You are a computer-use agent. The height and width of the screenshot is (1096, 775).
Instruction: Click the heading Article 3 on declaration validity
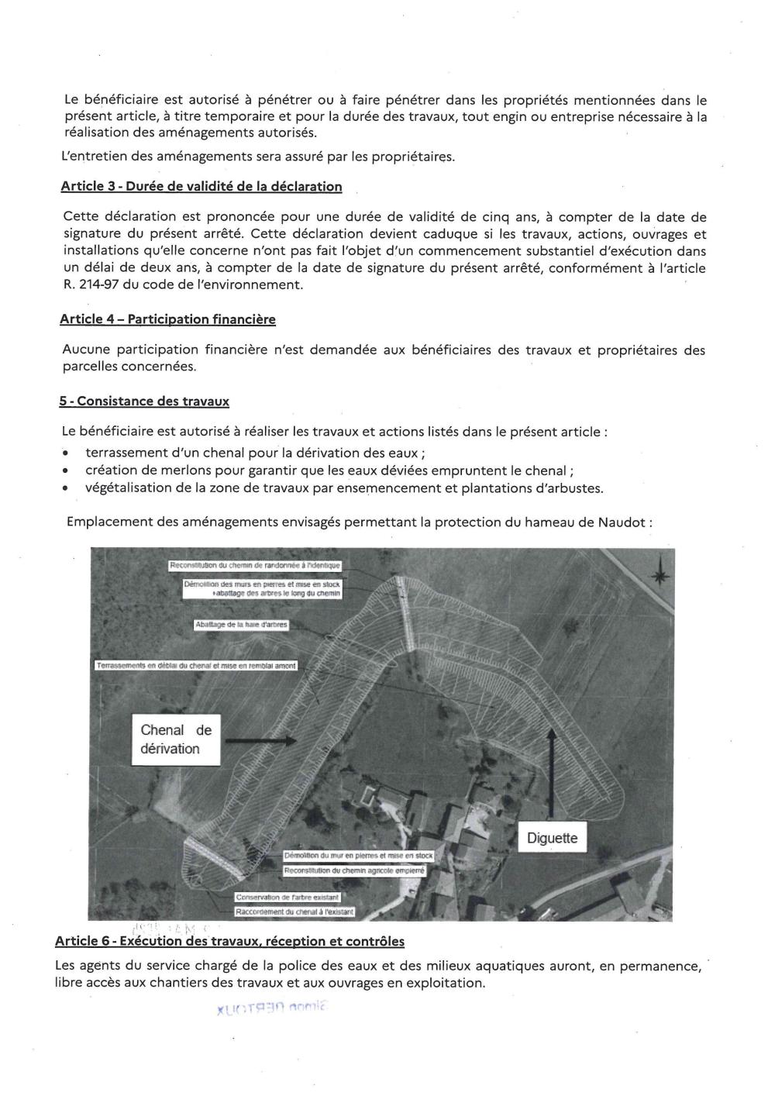[201, 187]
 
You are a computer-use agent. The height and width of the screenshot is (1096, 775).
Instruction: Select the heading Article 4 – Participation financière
[167, 319]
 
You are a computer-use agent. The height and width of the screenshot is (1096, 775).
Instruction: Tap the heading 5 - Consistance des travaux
[144, 401]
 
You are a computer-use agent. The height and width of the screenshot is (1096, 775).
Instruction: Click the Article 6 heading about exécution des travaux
[229, 942]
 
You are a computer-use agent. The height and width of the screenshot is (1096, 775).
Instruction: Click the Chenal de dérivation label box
[176, 739]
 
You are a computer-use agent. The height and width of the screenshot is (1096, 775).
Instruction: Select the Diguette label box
[552, 838]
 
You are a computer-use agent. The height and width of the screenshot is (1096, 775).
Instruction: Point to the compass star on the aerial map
[660, 575]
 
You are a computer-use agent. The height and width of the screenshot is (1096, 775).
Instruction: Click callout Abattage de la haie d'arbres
[241, 624]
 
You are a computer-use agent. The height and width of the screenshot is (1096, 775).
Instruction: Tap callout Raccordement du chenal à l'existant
[294, 912]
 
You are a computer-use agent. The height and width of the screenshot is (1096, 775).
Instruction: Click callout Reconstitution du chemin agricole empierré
[355, 871]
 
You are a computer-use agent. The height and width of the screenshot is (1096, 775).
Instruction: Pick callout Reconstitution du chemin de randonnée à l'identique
[254, 566]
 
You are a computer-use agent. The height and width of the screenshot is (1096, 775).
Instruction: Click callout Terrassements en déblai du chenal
[195, 666]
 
